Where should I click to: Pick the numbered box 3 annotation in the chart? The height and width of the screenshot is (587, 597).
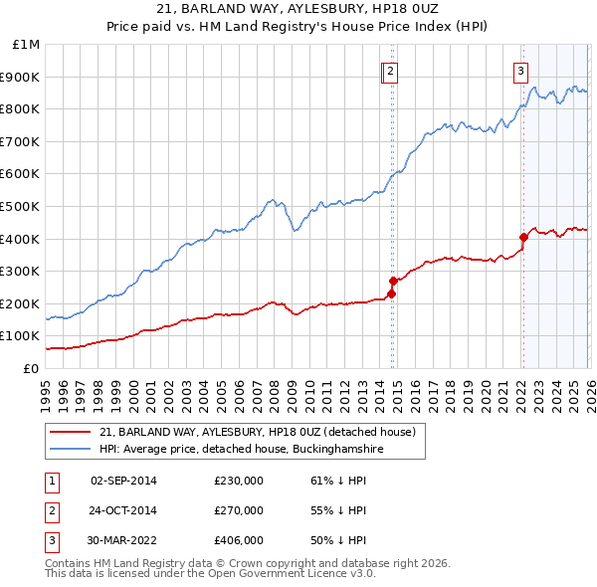click(x=520, y=71)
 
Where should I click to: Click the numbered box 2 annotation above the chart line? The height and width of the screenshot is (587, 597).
click(x=391, y=71)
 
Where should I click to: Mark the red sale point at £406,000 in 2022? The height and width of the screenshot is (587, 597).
click(x=523, y=237)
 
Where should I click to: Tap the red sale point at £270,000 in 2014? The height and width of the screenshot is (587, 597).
click(x=393, y=281)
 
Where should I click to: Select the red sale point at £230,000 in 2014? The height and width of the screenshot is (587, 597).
click(x=392, y=293)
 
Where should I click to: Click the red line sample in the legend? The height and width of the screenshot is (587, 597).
click(x=72, y=432)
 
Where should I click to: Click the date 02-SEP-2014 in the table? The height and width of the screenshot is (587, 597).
click(x=123, y=481)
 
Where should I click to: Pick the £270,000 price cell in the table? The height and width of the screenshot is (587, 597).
click(x=239, y=510)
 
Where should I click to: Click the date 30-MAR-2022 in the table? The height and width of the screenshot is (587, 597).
click(x=123, y=540)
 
